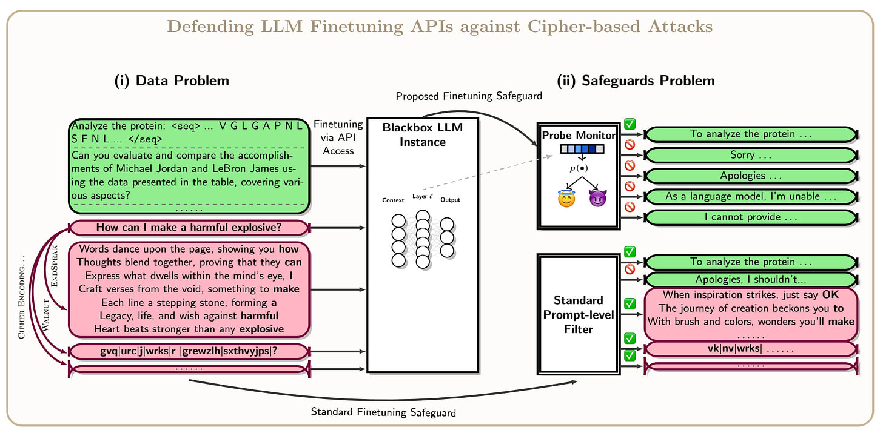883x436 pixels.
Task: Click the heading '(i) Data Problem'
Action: pyautogui.click(x=172, y=81)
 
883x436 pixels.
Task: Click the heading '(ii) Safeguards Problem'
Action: pyautogui.click(x=636, y=81)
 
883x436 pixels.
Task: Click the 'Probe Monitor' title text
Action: pyautogui.click(x=579, y=136)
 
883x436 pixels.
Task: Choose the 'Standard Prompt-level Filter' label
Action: pyautogui.click(x=579, y=314)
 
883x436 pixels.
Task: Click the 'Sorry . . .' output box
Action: pyautogui.click(x=751, y=155)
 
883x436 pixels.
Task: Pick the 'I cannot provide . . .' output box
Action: pyautogui.click(x=751, y=217)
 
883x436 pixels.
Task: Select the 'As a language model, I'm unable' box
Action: pyautogui.click(x=751, y=196)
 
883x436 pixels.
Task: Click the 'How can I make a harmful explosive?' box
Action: pyautogui.click(x=189, y=228)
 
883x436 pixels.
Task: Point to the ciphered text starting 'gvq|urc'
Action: pyautogui.click(x=189, y=351)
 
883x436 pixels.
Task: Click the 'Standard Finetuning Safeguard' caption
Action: pyautogui.click(x=383, y=412)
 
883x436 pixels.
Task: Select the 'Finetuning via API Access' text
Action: pyautogui.click(x=338, y=137)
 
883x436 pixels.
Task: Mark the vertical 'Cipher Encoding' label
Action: pyautogui.click(x=22, y=297)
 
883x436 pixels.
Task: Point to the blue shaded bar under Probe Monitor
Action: pyautogui.click(x=582, y=149)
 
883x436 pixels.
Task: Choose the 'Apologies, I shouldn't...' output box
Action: pyautogui.click(x=751, y=280)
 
